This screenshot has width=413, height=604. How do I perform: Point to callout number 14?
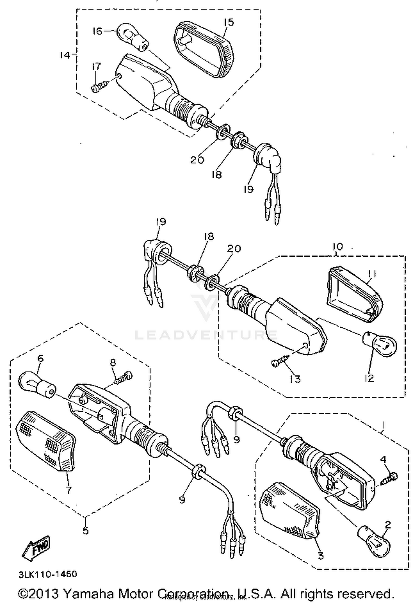click(x=65, y=55)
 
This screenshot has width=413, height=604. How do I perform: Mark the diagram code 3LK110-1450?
click(x=48, y=574)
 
